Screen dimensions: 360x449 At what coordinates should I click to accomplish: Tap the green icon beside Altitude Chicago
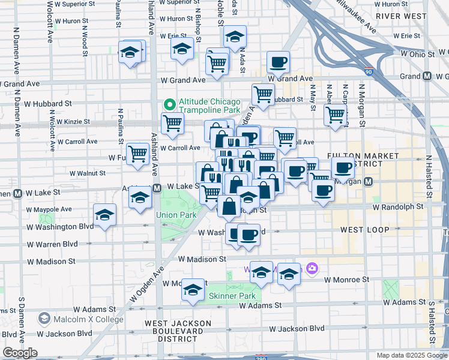(x=170, y=104)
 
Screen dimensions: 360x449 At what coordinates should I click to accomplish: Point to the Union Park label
(x=176, y=214)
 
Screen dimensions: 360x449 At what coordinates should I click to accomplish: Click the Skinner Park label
(x=232, y=296)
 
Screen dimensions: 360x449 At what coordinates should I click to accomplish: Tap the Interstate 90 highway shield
(x=368, y=72)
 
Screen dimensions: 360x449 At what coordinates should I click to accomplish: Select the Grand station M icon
(x=427, y=76)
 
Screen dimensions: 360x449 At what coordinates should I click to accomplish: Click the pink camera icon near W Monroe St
(x=311, y=268)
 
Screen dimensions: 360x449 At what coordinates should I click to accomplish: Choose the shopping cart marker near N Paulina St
(x=139, y=154)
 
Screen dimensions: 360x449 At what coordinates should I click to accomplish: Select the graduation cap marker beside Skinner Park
(x=193, y=290)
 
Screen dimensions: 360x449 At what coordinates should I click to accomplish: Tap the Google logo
(x=20, y=352)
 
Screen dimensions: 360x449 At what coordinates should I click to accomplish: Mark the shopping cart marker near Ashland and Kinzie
(x=173, y=124)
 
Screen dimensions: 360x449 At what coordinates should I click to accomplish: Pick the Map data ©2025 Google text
(x=411, y=355)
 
